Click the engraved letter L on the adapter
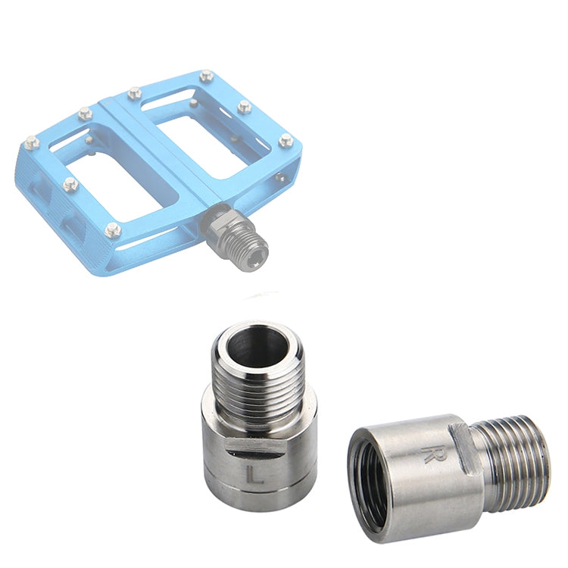click(254, 475)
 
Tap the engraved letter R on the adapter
click(431, 455)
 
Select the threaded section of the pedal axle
click(242, 241)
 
